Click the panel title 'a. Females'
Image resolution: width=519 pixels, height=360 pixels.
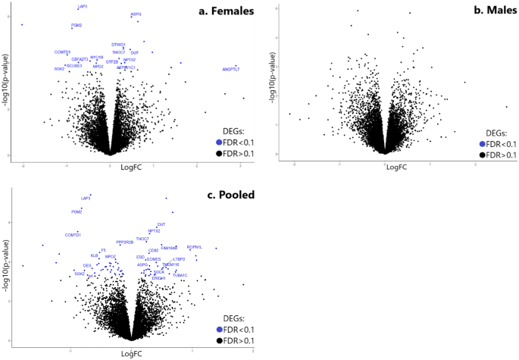(x=225, y=11)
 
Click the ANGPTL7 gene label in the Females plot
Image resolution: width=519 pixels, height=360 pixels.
(x=230, y=70)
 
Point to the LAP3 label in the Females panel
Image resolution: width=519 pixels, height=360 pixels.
(x=82, y=7)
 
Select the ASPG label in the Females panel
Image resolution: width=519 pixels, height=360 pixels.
(x=136, y=14)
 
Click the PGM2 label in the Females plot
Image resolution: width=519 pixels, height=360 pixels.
(x=77, y=25)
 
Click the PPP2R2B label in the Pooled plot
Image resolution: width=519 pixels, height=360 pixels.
(x=125, y=242)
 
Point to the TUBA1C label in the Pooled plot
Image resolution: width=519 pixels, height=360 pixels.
(x=180, y=275)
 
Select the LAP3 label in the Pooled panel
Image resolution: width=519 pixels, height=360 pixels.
(x=86, y=198)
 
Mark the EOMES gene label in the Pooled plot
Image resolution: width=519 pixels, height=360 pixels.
(x=154, y=259)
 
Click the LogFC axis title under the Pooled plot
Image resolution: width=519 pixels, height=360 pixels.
(x=132, y=354)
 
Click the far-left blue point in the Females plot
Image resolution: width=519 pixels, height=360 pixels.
(x=23, y=25)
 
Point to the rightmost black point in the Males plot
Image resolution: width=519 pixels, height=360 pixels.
(x=506, y=106)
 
